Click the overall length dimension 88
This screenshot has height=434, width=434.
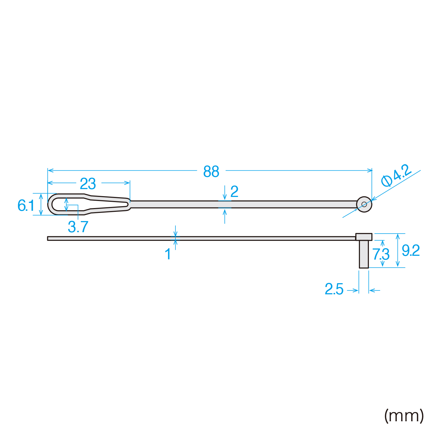point(211,172)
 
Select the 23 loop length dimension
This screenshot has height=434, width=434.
point(88,184)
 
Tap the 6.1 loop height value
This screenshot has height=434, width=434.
point(26,205)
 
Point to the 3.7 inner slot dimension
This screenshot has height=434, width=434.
point(78,227)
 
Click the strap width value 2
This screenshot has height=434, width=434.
point(234,192)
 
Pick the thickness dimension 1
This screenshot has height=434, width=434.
point(168,254)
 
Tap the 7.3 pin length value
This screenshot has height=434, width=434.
point(381,254)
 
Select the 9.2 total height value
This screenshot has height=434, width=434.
point(411,250)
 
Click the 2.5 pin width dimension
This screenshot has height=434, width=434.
point(334,289)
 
